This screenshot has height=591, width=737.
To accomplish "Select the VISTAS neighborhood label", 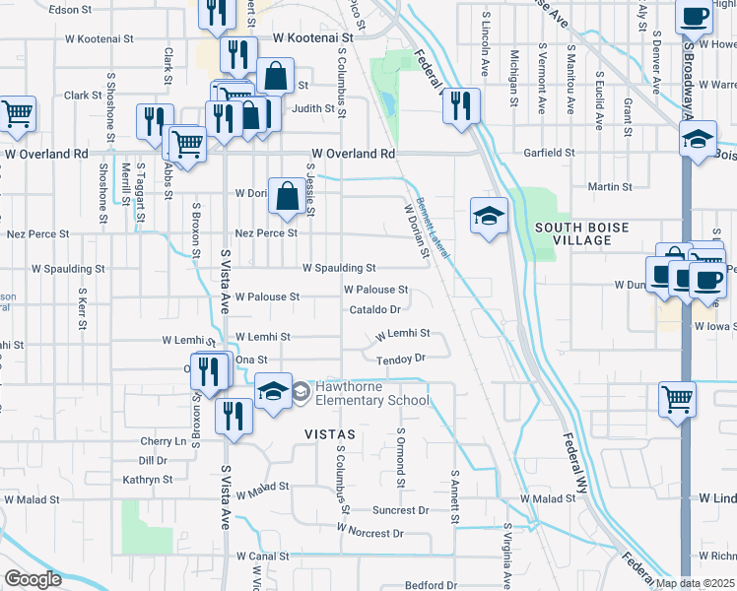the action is click(x=329, y=433).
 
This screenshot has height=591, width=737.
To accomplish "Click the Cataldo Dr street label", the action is click(x=373, y=310).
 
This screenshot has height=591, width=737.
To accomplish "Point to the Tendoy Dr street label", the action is click(x=400, y=359).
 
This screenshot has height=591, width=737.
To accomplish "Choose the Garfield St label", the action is click(x=550, y=154).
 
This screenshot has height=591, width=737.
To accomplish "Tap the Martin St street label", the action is click(x=609, y=186).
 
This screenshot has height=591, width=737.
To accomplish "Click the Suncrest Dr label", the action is click(x=401, y=510).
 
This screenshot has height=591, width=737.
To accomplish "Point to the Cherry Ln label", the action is click(x=164, y=441).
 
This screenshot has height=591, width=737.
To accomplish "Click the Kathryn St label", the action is click(x=148, y=480).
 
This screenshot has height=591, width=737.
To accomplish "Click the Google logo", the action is click(x=33, y=578).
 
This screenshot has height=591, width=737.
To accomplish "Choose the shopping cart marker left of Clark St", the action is click(x=18, y=114).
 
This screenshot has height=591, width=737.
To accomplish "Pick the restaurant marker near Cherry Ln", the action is click(x=234, y=414).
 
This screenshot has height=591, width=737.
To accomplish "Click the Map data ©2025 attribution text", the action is click(x=695, y=583).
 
